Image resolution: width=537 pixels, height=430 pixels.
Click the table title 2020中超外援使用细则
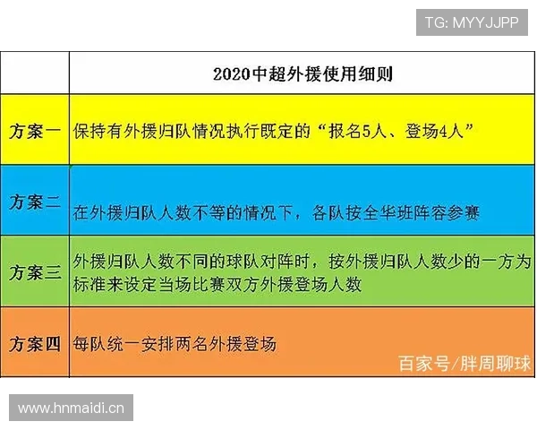pyautogui.click(x=303, y=74)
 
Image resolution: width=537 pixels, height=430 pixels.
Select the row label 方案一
pyautogui.click(x=35, y=131)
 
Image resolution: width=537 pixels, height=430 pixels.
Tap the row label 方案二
pyautogui.click(x=35, y=202)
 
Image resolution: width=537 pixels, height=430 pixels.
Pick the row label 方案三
pyautogui.click(x=35, y=271)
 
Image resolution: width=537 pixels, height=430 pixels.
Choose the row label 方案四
pyautogui.click(x=35, y=342)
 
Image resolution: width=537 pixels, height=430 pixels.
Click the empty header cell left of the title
pyautogui.click(x=35, y=73)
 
